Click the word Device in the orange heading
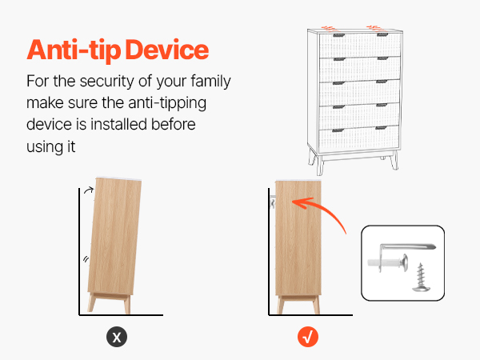coord(167,50)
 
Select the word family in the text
coord(210,82)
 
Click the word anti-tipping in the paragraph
coord(167,103)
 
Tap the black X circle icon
coord(117,337)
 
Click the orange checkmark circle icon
coord(308,337)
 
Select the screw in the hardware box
coord(422,278)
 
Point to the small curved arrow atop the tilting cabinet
coord(89,190)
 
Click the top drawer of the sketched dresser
coord(360,46)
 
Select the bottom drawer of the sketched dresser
coord(358,138)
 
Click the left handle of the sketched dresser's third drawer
coord(339,83)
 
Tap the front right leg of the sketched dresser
coord(394,160)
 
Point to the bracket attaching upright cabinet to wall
coord(273,202)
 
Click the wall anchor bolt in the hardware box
coord(388,262)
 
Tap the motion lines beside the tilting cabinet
coord(86,259)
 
